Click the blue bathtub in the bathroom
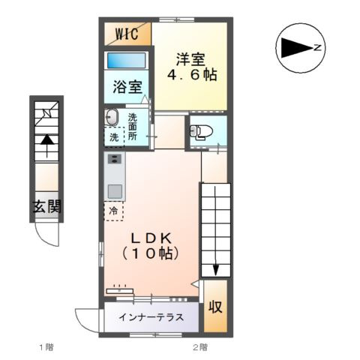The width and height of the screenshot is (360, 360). (x=127, y=61)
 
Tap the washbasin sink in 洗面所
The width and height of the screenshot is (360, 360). (x=112, y=118)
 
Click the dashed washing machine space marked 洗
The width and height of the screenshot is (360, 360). (x=113, y=137)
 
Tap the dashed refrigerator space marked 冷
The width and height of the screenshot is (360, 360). (x=114, y=211)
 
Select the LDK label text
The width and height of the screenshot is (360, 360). (x=152, y=238)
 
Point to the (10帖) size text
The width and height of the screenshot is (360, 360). (x=152, y=255)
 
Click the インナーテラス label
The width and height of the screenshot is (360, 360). (x=151, y=316)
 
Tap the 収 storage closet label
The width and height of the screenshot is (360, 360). (x=215, y=307)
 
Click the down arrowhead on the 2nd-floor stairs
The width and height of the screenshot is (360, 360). (x=215, y=269)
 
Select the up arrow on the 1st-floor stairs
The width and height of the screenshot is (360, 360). (x=46, y=139)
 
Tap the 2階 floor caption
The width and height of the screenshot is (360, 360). (x=199, y=348)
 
